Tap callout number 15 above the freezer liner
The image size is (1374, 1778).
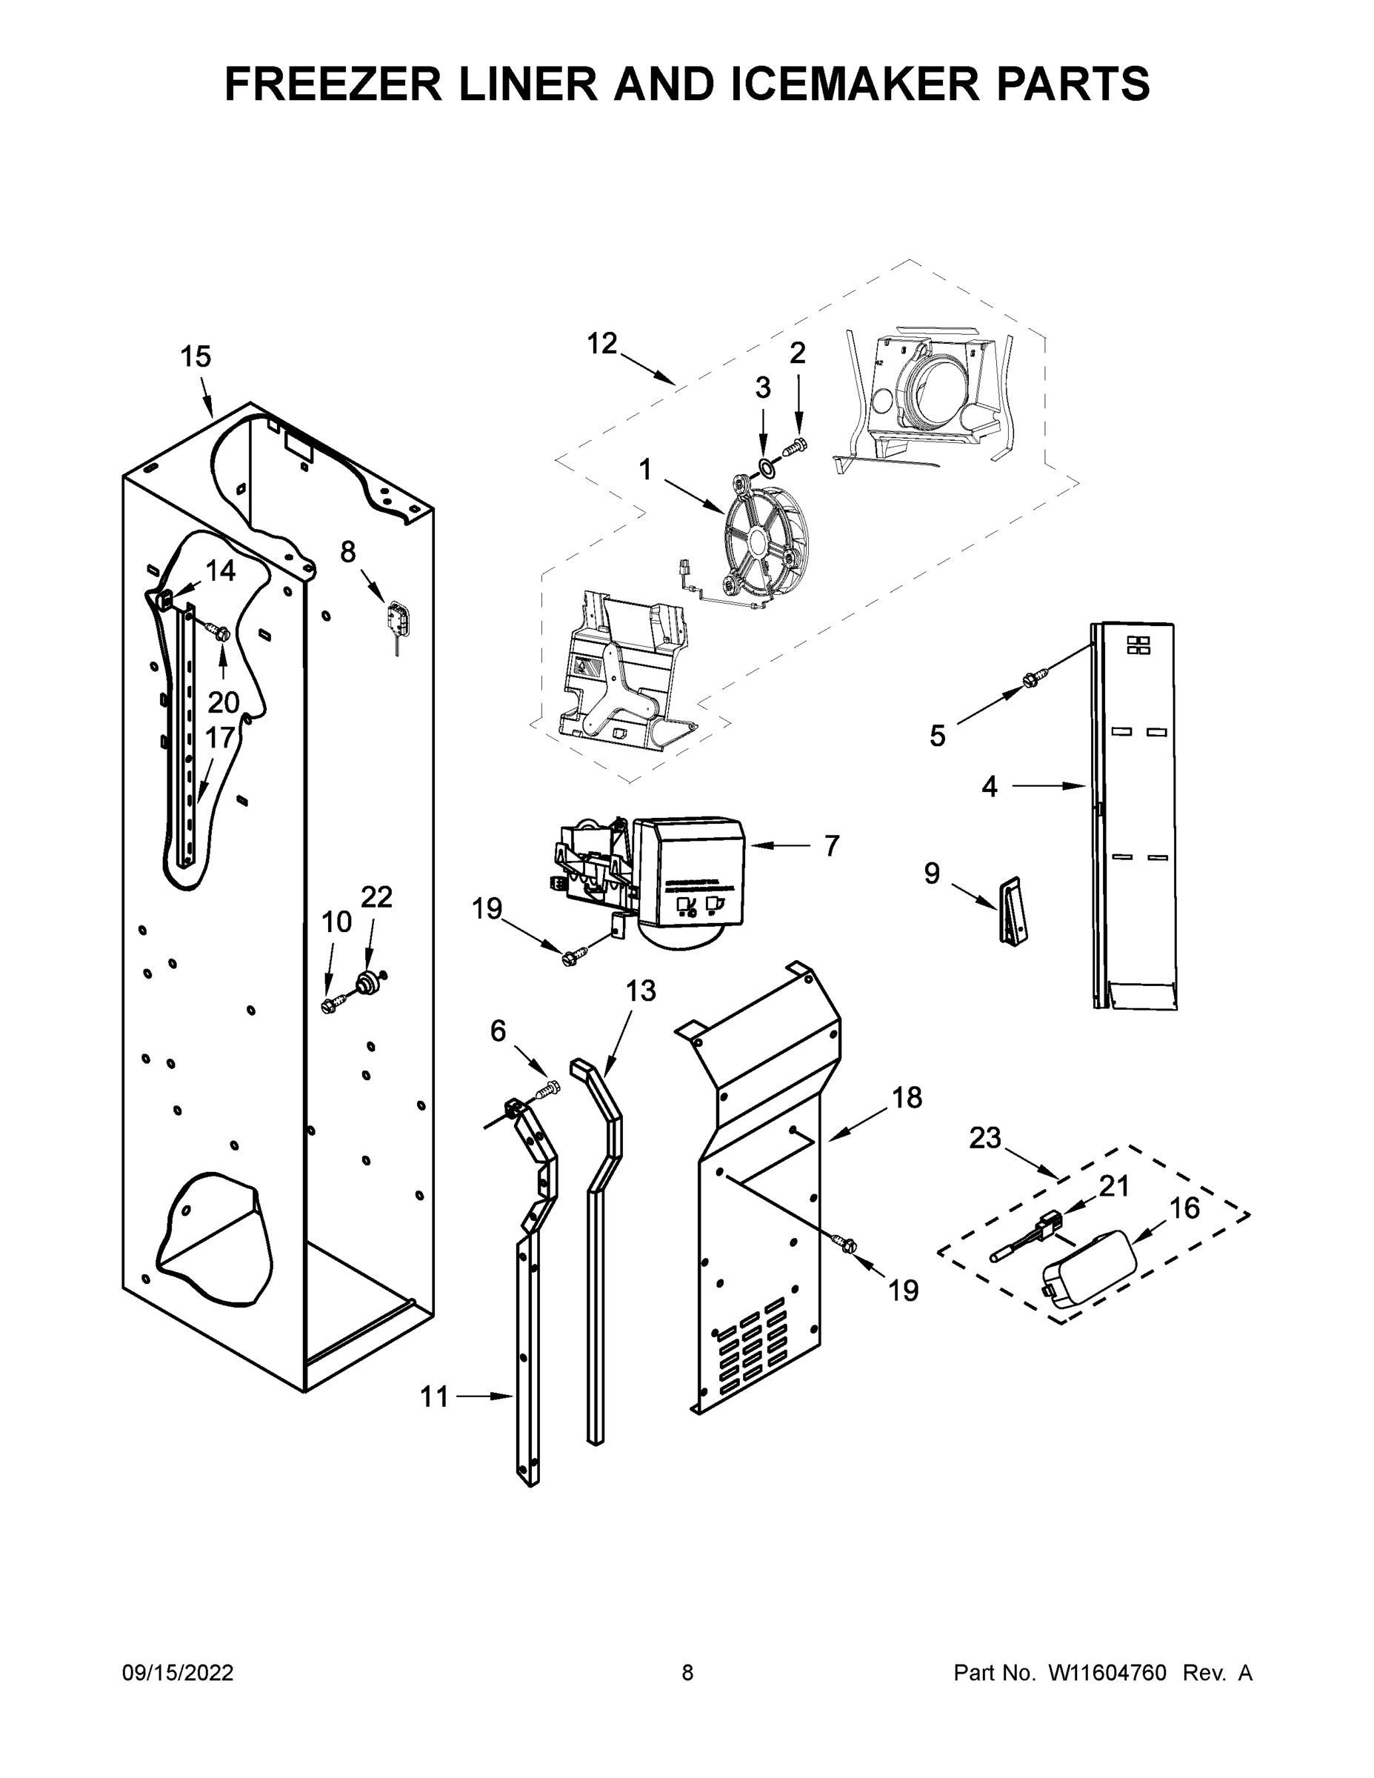[196, 356]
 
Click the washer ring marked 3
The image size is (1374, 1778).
[766, 467]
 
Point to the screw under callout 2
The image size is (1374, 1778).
[796, 446]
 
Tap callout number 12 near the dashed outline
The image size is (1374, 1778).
[602, 344]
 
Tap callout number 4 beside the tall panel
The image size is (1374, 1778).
[989, 788]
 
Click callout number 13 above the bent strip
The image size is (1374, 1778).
[641, 990]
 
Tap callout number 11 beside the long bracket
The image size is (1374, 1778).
[434, 1397]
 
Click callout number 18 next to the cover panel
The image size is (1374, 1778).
[907, 1098]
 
